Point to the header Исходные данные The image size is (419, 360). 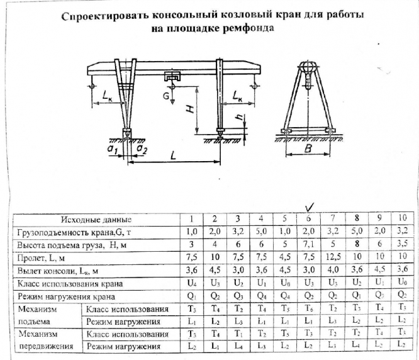[96, 220]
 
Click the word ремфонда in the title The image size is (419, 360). [248, 29]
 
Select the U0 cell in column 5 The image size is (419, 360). [283, 284]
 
